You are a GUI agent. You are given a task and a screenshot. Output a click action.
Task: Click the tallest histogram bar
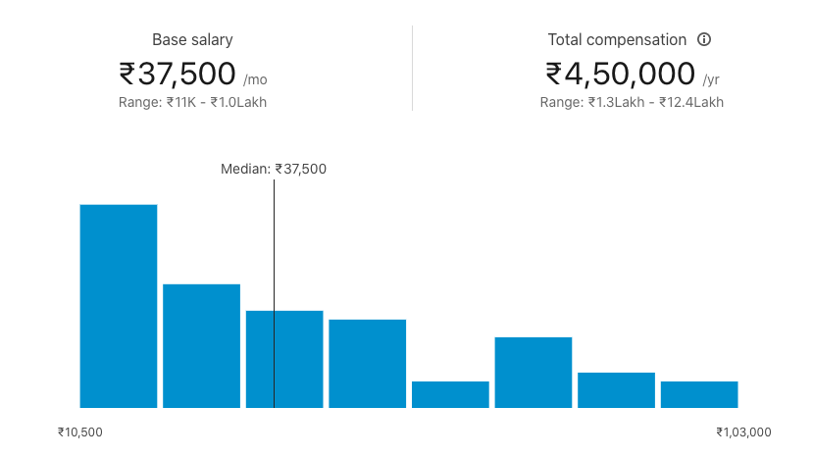tap(118, 305)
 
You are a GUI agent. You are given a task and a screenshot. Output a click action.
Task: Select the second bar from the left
tap(201, 345)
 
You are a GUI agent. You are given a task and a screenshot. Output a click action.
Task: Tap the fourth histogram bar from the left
tap(367, 363)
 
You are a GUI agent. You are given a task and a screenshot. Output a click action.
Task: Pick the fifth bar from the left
tap(450, 394)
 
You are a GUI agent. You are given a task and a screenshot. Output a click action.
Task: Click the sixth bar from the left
tap(533, 372)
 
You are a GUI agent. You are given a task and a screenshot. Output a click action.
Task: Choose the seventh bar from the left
tap(616, 389)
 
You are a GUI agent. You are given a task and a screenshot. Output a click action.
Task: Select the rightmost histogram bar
tap(699, 394)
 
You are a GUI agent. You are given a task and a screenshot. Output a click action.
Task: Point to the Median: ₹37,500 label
tap(274, 169)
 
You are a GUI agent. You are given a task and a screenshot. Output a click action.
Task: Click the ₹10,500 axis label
tap(80, 432)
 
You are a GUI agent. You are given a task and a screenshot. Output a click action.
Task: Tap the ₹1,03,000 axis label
tap(743, 432)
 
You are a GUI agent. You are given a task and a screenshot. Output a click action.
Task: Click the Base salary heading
tap(192, 40)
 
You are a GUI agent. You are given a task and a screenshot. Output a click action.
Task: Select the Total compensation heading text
tap(617, 40)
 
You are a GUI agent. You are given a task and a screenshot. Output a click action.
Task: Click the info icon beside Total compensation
tap(703, 40)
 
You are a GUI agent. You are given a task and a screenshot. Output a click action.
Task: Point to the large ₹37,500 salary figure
tap(178, 74)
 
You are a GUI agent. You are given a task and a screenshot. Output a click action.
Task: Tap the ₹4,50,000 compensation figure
tap(620, 74)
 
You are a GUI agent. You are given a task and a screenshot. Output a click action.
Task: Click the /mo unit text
tap(254, 79)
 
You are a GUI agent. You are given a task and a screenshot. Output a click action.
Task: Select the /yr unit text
tap(711, 79)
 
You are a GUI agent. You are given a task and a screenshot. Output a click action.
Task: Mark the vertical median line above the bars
tap(274, 245)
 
